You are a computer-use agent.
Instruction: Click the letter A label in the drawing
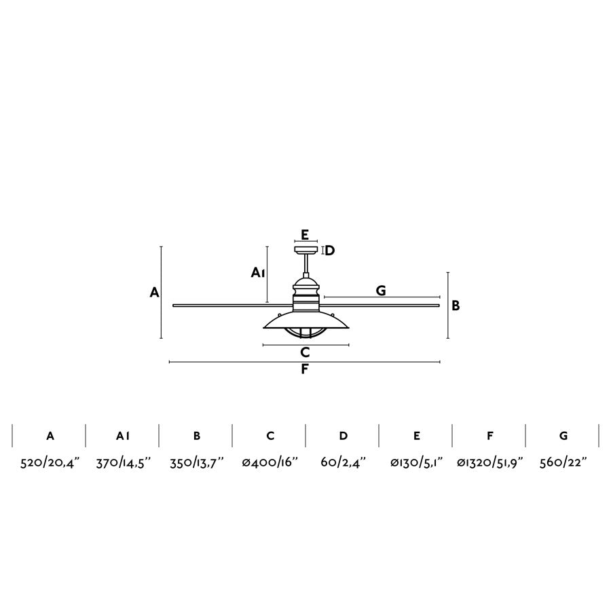click(154, 292)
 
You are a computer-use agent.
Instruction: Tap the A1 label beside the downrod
click(257, 272)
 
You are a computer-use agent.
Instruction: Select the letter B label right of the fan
click(456, 305)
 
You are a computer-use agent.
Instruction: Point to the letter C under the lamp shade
click(305, 352)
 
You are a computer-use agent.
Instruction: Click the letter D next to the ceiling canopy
click(330, 250)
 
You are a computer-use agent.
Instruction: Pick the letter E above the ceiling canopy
click(305, 235)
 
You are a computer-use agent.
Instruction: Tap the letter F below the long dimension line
click(305, 369)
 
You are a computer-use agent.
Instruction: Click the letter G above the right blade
click(381, 291)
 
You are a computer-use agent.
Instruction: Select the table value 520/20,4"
click(50, 462)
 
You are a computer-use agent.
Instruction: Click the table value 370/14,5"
click(123, 462)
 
